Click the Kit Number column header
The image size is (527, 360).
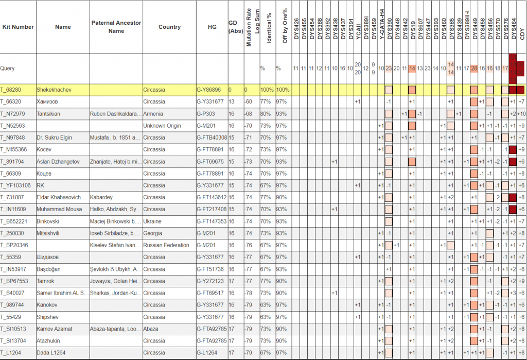[x=17, y=27]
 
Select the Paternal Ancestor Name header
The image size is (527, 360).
[x=116, y=27]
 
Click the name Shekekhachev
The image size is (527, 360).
[x=54, y=90]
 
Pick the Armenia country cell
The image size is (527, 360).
[x=152, y=113]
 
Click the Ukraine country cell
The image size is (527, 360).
[x=152, y=221]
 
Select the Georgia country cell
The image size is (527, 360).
[x=153, y=233]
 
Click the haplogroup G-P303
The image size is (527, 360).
[x=206, y=113]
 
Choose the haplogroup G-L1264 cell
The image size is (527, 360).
[x=207, y=352]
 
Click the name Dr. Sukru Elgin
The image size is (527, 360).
[x=55, y=138]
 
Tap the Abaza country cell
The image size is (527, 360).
[x=151, y=329]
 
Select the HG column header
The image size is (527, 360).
[x=212, y=27]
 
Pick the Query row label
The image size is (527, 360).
[x=7, y=68]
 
